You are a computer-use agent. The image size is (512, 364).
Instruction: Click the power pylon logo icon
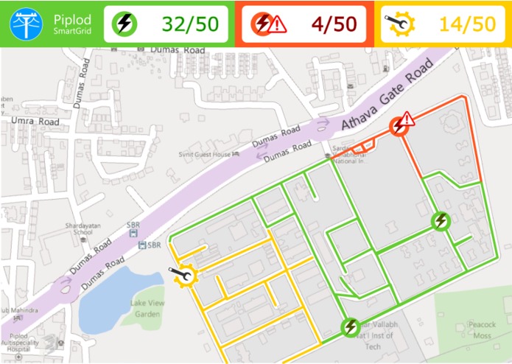click(x=26, y=24)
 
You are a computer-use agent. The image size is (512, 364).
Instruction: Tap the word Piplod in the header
click(x=70, y=17)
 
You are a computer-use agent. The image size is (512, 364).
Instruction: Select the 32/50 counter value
click(x=190, y=24)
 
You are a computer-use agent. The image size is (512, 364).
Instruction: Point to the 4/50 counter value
click(x=333, y=24)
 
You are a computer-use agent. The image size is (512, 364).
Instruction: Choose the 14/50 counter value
click(x=467, y=24)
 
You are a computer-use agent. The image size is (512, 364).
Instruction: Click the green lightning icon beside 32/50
click(x=125, y=24)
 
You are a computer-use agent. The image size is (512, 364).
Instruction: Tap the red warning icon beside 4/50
click(x=269, y=24)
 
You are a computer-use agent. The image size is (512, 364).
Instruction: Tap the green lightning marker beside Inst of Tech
click(x=350, y=326)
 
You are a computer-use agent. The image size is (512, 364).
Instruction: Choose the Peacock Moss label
click(x=483, y=329)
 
